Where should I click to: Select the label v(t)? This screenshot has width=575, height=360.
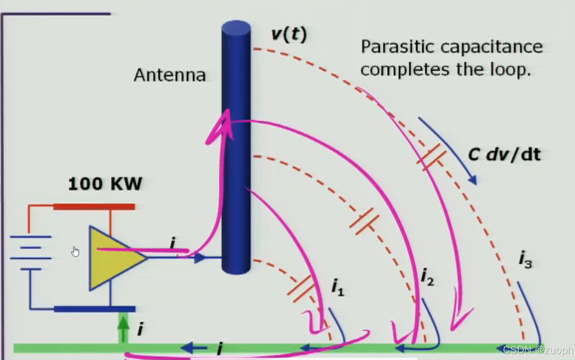pyautogui.click(x=288, y=34)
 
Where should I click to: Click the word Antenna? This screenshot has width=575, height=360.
pyautogui.click(x=170, y=75)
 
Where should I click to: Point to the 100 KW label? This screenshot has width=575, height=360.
pyautogui.click(x=105, y=184)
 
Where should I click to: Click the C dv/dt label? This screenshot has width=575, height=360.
pyautogui.click(x=504, y=155)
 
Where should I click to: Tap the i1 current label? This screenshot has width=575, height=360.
pyautogui.click(x=337, y=287)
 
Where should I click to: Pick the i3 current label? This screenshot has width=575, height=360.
pyautogui.click(x=525, y=260)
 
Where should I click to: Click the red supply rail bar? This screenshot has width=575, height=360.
pyautogui.click(x=94, y=207)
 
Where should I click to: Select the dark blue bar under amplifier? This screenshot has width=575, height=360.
pyautogui.click(x=94, y=309)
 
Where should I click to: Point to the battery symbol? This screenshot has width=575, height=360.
pyautogui.click(x=31, y=253)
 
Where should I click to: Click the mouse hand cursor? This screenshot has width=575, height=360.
pyautogui.click(x=76, y=251)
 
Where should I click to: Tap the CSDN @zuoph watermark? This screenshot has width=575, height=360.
pyautogui.click(x=537, y=350)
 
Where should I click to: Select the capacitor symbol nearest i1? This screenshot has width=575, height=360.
pyautogui.click(x=301, y=288)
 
